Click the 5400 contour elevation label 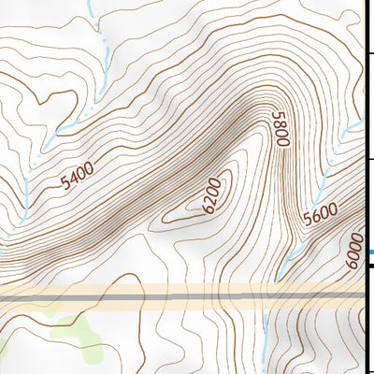(77, 176)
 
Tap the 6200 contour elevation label (209, 194)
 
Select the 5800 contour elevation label (279, 128)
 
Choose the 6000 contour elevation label (353, 252)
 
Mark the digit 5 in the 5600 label (308, 223)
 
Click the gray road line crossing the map (140, 297)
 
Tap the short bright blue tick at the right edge (370, 251)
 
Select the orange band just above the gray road (140, 289)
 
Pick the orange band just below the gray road (140, 306)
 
